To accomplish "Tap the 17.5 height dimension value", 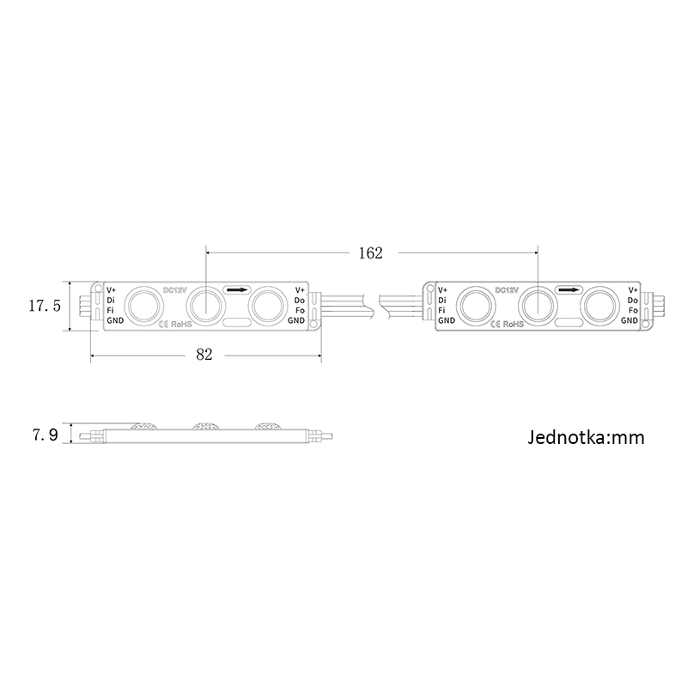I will (44, 305).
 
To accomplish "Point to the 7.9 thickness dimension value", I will (45, 435).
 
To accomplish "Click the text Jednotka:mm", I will (585, 438).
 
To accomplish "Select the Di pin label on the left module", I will (111, 300).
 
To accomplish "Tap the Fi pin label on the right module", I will (441, 310).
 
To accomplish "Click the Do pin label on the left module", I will (299, 300).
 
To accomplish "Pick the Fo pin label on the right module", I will (633, 310).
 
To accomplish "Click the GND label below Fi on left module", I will (114, 320).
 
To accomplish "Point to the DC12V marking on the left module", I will (174, 290).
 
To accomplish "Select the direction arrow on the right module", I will (568, 290).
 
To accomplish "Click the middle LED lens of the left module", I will (205, 303).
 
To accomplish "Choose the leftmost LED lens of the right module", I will (473, 303).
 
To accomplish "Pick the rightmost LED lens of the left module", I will (266, 303).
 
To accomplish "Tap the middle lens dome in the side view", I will (206, 424).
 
